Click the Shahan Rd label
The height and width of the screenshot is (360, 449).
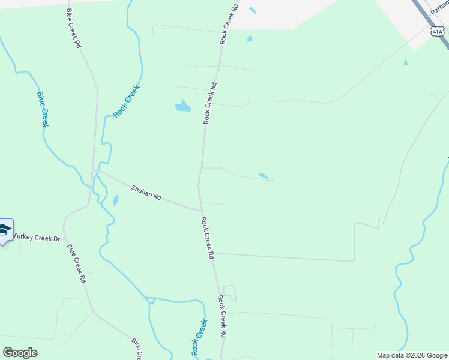pos(147,193)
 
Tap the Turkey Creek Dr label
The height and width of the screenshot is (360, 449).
pos(37,239)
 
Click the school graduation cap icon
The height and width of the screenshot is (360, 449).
pos(4,230)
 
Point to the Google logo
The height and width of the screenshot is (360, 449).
pos(20,353)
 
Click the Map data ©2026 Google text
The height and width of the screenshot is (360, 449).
pos(412,355)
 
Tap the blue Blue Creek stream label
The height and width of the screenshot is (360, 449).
pos(42,109)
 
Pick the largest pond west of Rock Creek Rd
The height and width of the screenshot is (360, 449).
pos(182,107)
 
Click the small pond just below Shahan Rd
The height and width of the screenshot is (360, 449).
pos(115,200)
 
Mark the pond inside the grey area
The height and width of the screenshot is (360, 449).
pos(252,10)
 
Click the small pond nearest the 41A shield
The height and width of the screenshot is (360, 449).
pos(406,62)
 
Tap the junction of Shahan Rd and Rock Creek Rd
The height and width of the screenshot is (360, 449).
pos(201,210)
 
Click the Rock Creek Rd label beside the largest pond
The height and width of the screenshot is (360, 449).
pos(209,103)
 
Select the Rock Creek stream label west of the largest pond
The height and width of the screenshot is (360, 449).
pos(127,101)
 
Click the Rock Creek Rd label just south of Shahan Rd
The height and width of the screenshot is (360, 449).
pos(208,238)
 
